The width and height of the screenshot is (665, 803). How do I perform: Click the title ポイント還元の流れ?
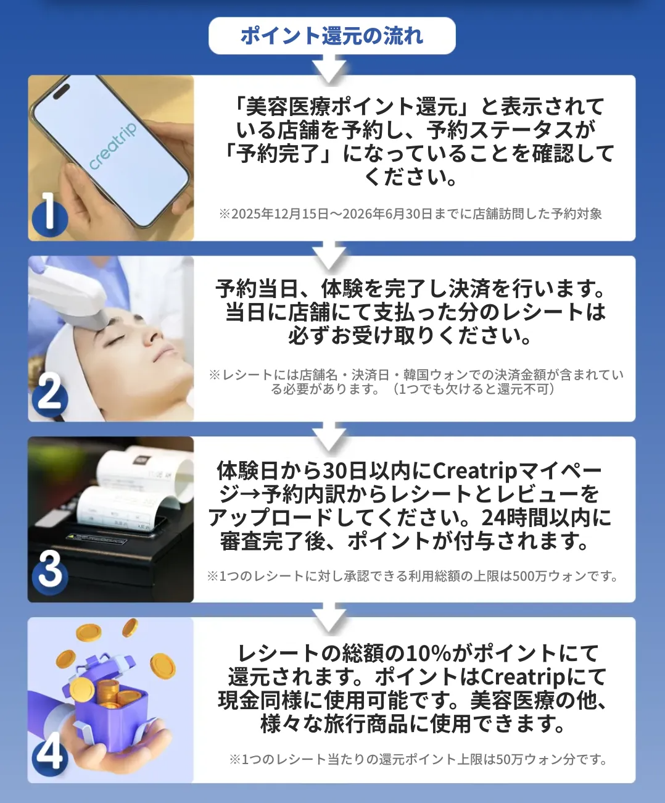click(x=332, y=36)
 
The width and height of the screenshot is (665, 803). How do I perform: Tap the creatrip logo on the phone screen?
click(x=112, y=146)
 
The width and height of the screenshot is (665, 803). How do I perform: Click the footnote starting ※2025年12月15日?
click(x=410, y=214)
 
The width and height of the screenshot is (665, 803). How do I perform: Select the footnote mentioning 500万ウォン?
click(x=412, y=576)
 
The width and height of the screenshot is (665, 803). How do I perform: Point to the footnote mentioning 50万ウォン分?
click(x=418, y=759)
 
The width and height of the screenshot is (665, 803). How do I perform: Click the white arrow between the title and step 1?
click(x=329, y=69)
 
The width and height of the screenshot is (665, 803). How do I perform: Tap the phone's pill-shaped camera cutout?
click(x=61, y=91)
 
